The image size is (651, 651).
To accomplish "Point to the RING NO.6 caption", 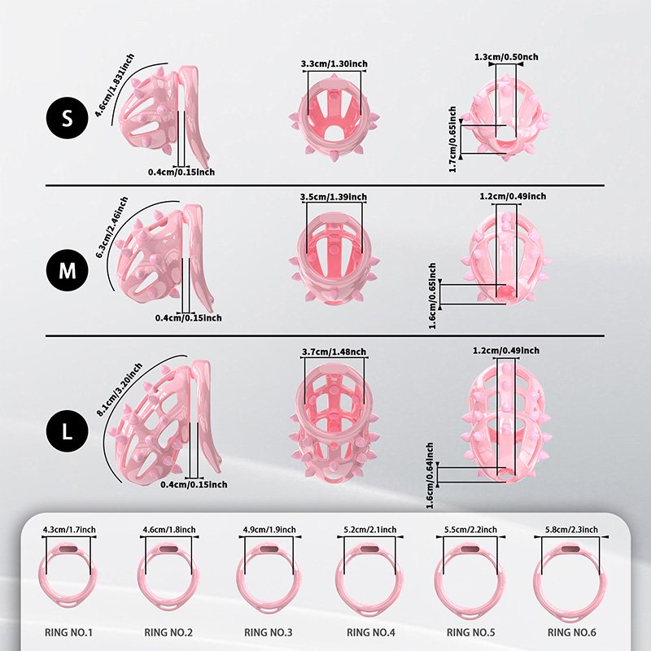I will pyautogui.click(x=573, y=631).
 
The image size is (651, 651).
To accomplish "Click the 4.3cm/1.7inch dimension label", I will pyautogui.click(x=69, y=530).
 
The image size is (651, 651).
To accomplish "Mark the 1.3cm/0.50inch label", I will pyautogui.click(x=505, y=57).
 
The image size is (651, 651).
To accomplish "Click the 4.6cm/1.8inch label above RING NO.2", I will pyautogui.click(x=169, y=530).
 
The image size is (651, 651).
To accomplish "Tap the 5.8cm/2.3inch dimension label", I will pyautogui.click(x=571, y=530).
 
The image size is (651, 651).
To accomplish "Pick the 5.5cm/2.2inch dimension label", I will pyautogui.click(x=471, y=530).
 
